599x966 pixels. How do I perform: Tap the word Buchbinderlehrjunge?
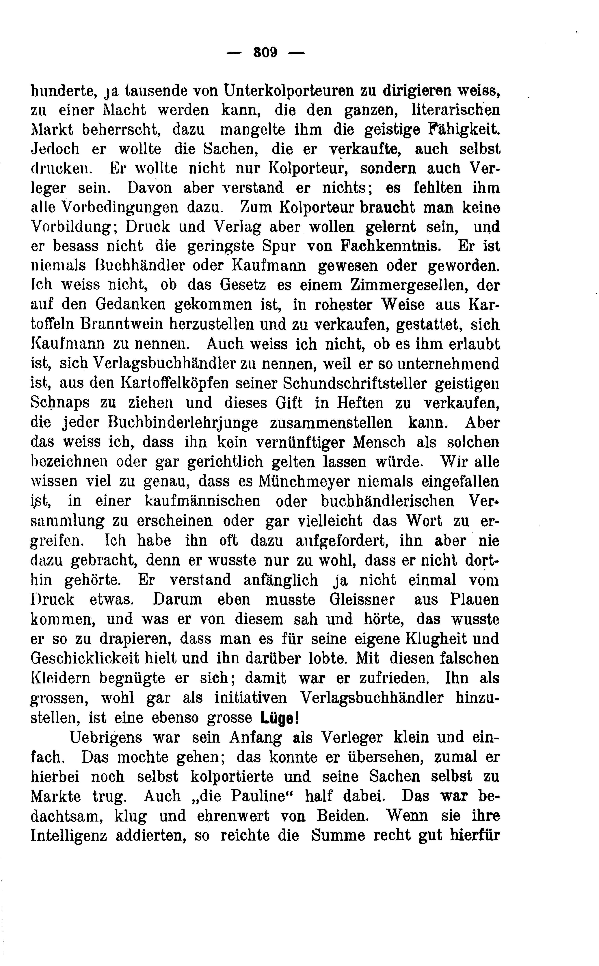coord(183,422)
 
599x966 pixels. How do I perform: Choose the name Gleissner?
coord(362,599)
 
